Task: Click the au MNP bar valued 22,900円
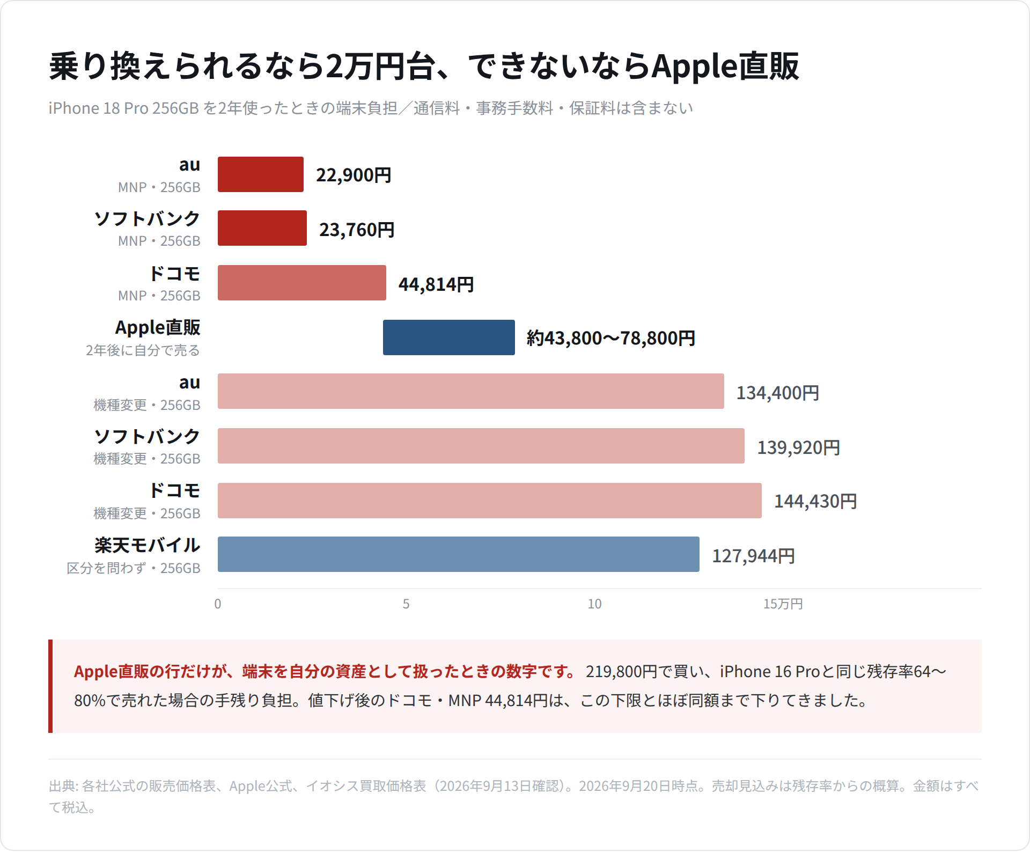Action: pos(261,174)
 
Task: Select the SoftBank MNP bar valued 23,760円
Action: pos(262,228)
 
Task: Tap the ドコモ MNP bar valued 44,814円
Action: pos(302,283)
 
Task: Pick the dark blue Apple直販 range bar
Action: pos(449,337)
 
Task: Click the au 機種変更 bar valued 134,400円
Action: pos(471,391)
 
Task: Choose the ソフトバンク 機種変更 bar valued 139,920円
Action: pos(481,446)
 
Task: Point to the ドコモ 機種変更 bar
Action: pos(490,501)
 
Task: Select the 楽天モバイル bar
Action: pos(459,554)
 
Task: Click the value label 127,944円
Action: pos(753,556)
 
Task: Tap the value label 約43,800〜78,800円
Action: pos(610,338)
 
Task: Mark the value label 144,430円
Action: pos(815,501)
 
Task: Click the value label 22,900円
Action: pos(354,175)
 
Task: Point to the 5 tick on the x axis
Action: pos(406,604)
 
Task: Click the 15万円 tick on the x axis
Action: pos(783,604)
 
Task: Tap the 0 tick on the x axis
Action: pos(218,604)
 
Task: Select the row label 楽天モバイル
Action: pos(148,545)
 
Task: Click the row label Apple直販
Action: pos(158,327)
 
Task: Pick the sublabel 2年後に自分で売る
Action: pos(143,350)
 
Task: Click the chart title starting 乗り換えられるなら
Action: pos(424,67)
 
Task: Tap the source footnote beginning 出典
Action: pos(514,797)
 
